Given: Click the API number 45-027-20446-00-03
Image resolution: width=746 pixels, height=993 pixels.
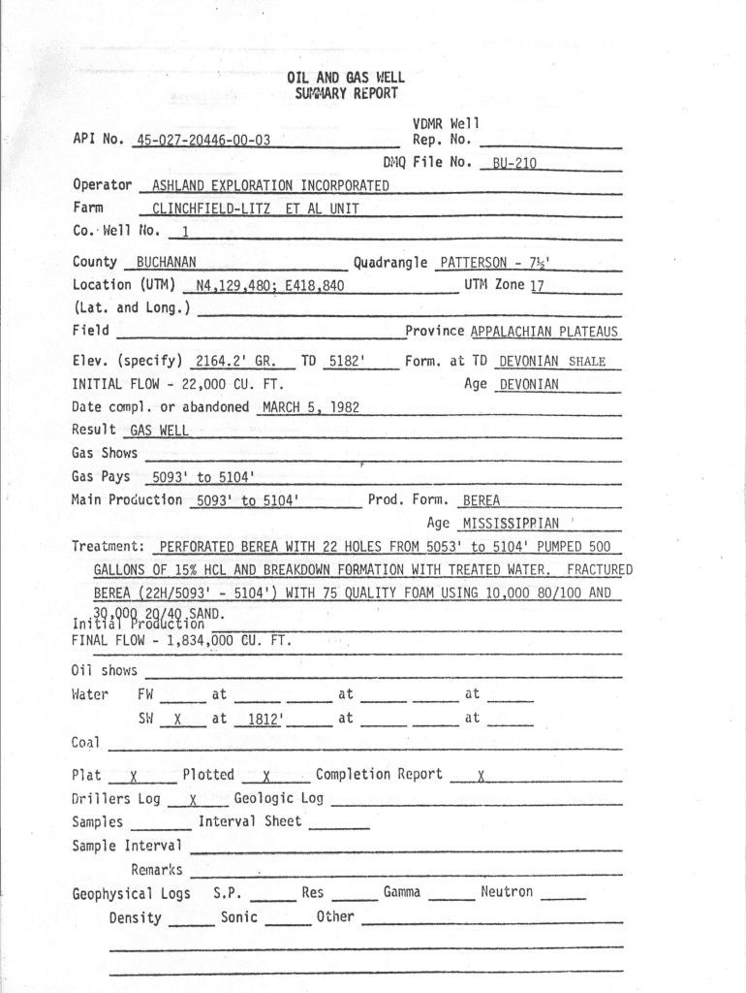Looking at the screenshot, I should point(203,141).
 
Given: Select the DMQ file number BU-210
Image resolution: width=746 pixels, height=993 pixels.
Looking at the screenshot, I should point(513,164).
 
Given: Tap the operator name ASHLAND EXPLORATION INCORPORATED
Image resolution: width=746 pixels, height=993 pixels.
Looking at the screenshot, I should point(270,186).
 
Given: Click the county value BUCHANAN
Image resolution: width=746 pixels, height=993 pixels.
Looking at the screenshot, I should point(166,263).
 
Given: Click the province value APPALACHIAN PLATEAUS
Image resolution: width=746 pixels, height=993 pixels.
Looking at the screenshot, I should point(544,333).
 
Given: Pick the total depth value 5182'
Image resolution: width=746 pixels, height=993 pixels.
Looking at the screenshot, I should point(346,362).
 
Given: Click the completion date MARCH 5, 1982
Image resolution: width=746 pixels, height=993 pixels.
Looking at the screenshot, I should point(310,408).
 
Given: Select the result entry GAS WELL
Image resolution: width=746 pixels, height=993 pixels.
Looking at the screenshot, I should point(160,431).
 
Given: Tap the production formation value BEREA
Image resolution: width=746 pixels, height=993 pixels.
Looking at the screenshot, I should point(482,501).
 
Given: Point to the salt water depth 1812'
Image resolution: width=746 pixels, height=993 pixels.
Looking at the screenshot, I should point(264,720).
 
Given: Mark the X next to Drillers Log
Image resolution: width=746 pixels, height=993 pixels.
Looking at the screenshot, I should point(194,800).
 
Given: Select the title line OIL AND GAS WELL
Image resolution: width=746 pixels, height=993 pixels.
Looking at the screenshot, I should point(346,78).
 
